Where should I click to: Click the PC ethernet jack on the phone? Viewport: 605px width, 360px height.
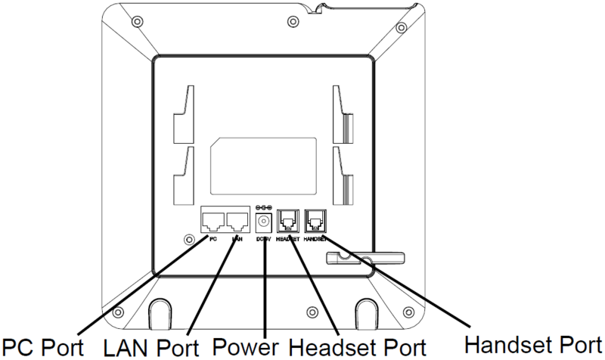point(213,222)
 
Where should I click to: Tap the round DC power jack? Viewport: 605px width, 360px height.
point(264,222)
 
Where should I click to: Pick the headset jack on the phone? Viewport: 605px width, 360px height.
point(289,221)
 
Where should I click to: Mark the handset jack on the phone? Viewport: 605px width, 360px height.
point(314,221)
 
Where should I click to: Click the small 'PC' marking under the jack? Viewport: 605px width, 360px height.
point(213,239)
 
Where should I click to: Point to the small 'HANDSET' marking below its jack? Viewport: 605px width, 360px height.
point(315,239)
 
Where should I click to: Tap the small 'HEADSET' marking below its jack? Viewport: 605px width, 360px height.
point(289,239)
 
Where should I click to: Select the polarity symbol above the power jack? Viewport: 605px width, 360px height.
point(264,206)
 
